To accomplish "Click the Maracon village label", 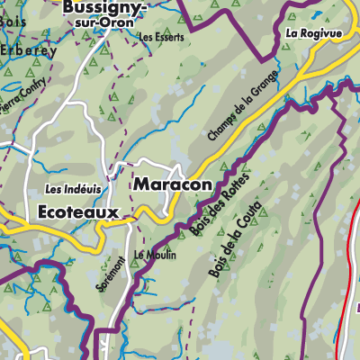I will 173,184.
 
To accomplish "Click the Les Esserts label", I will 162,38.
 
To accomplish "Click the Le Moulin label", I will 155,255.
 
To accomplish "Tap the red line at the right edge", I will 347,270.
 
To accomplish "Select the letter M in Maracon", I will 140,184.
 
